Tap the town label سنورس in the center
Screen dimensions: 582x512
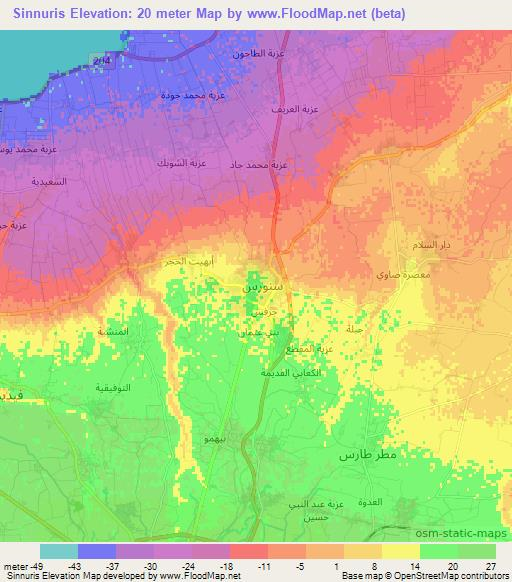pyautogui.click(x=259, y=285)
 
